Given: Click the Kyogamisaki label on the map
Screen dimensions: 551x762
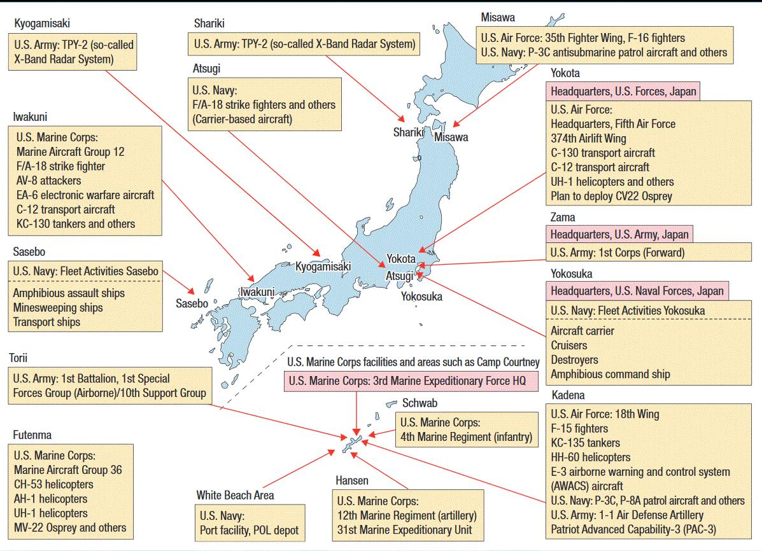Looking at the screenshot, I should [x=323, y=267].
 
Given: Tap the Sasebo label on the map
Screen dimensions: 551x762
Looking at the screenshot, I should [x=192, y=303].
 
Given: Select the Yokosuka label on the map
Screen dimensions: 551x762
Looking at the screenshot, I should [x=421, y=296].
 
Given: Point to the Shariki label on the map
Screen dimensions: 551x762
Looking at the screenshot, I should [x=408, y=132].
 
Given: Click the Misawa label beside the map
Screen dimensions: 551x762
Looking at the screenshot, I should [x=451, y=137].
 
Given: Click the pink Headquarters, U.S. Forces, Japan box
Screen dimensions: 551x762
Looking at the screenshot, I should [x=623, y=92].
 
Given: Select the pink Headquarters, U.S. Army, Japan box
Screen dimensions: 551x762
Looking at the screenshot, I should [x=619, y=235].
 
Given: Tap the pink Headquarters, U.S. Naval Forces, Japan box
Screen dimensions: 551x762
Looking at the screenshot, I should [x=637, y=291].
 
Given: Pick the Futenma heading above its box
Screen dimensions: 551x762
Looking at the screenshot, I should [x=32, y=435].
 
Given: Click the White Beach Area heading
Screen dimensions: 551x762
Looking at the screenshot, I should [x=235, y=495].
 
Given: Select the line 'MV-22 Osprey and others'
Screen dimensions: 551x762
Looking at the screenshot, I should [x=70, y=527].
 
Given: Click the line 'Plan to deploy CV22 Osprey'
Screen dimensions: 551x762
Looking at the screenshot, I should [x=611, y=196].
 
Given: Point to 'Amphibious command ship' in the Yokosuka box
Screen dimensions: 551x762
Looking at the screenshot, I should [x=610, y=374].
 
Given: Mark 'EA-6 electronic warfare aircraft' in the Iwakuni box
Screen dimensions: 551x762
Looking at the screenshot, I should [x=85, y=195].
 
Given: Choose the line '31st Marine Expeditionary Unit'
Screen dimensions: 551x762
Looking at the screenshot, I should [x=405, y=530].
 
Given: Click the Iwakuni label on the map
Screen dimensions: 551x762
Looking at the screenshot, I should [x=257, y=292].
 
